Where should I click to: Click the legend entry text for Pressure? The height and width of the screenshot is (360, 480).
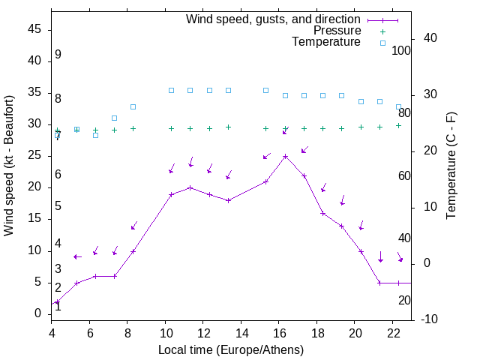[x=337, y=31]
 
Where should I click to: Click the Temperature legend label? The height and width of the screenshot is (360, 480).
[x=326, y=42]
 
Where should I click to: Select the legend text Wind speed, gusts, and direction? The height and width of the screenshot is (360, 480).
[x=274, y=19]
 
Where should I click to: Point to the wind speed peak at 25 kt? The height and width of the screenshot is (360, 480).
[x=285, y=156]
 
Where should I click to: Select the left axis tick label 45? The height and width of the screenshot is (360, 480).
[x=35, y=29]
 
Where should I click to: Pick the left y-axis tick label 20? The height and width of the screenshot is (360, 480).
[x=35, y=187]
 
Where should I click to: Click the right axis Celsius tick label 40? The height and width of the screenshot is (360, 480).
[x=430, y=38]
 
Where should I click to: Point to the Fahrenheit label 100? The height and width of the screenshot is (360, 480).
[x=402, y=51]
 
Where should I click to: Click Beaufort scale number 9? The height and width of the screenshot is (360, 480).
[x=58, y=55]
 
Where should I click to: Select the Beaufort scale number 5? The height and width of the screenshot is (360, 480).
[x=58, y=206]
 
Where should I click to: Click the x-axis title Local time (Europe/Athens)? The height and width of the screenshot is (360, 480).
[x=231, y=349]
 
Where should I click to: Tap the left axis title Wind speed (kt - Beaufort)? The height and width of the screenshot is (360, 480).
[x=10, y=165]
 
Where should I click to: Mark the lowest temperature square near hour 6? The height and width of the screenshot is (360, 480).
[x=95, y=135]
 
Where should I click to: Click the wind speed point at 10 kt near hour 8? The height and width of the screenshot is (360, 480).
[x=133, y=251]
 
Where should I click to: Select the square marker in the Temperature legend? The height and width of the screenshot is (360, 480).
[x=382, y=43]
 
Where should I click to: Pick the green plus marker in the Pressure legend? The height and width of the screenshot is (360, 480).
[x=382, y=31]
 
